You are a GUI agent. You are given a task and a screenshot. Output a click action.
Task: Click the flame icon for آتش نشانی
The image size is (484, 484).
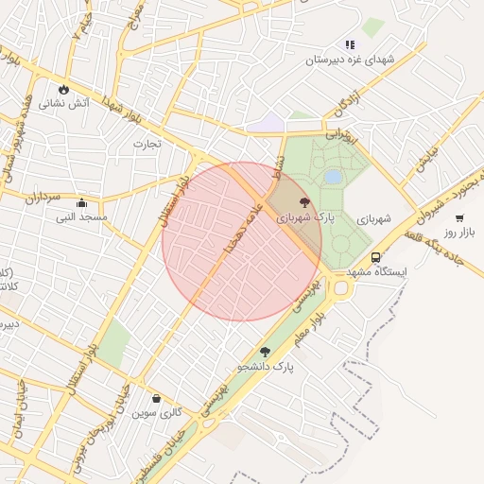pos(63,90)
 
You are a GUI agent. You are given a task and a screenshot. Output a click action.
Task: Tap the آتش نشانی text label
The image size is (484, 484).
pos(63,102)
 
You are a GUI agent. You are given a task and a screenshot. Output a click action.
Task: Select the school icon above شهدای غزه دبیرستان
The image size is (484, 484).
pos(351,44)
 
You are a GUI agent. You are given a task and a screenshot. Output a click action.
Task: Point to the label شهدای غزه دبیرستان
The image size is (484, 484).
pos(348,59)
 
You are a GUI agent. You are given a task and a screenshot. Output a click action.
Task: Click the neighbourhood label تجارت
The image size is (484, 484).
pos(147,144)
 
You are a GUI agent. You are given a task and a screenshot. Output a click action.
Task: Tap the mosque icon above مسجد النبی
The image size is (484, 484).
pos(81,203)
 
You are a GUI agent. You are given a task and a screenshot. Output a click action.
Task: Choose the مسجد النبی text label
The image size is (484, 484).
pos(81,217)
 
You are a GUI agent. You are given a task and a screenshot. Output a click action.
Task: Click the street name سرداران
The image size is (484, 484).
pos(43,197)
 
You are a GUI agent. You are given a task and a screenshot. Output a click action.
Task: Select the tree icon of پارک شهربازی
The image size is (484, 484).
pos(303,202)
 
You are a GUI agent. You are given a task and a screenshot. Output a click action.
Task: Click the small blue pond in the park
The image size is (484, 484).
pos(333,177)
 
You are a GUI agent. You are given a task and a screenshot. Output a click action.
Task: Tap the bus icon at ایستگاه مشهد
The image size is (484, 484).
pos(376,257)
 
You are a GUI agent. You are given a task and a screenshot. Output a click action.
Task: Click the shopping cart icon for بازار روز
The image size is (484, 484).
pos(459,218)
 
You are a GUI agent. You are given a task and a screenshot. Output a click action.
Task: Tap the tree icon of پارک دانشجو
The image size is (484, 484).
pos(265,352)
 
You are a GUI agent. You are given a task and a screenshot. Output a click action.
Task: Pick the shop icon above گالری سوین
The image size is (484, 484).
pos(156,399)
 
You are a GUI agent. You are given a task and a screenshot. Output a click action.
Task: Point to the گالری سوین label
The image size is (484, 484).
pos(156,413)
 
